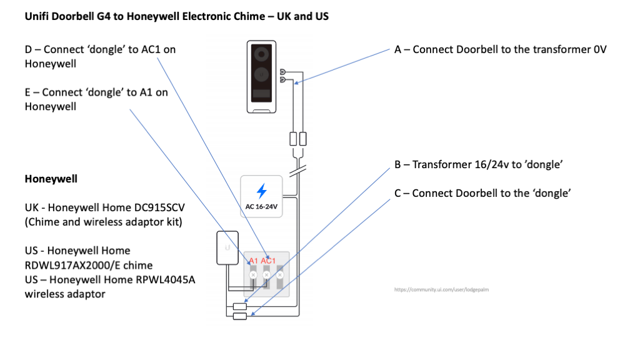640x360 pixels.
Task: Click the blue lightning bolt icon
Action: pyautogui.click(x=262, y=191)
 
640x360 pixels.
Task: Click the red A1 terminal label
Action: pyautogui.click(x=253, y=261)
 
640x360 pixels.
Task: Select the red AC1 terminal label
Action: pyautogui.click(x=268, y=261)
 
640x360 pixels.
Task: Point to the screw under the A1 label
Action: pyautogui.click(x=253, y=274)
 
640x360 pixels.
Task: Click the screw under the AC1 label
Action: pyautogui.click(x=267, y=274)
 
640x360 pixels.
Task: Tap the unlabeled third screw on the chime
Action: pyautogui.click(x=280, y=274)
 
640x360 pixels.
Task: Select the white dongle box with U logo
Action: pyautogui.click(x=227, y=249)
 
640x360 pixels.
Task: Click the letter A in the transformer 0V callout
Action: pyautogui.click(x=397, y=49)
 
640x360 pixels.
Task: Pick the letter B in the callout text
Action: pyautogui.click(x=397, y=165)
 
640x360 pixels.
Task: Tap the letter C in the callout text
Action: pyautogui.click(x=397, y=193)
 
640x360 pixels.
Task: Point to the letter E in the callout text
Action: pyautogui.click(x=28, y=92)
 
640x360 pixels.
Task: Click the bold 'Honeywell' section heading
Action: pyautogui.click(x=51, y=179)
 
